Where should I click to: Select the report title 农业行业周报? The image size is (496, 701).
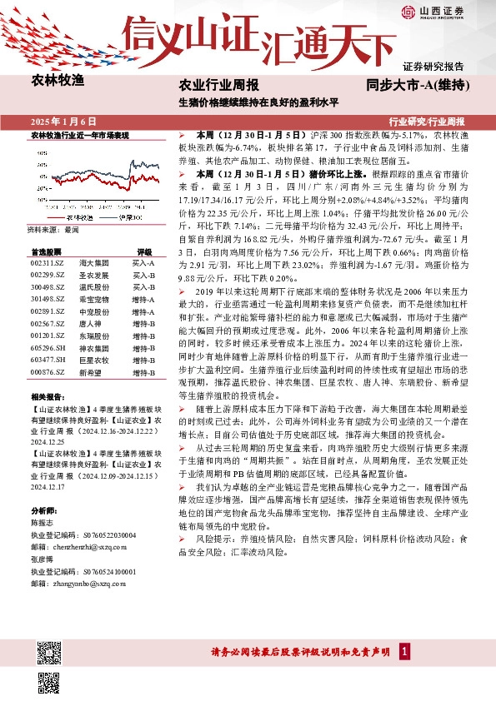tap(219, 85)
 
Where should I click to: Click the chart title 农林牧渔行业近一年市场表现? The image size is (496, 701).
tap(79, 134)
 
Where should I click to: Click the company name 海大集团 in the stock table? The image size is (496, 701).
tap(90, 262)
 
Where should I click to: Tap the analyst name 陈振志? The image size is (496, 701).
tap(43, 523)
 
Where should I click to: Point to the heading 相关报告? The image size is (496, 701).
tap(45, 399)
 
